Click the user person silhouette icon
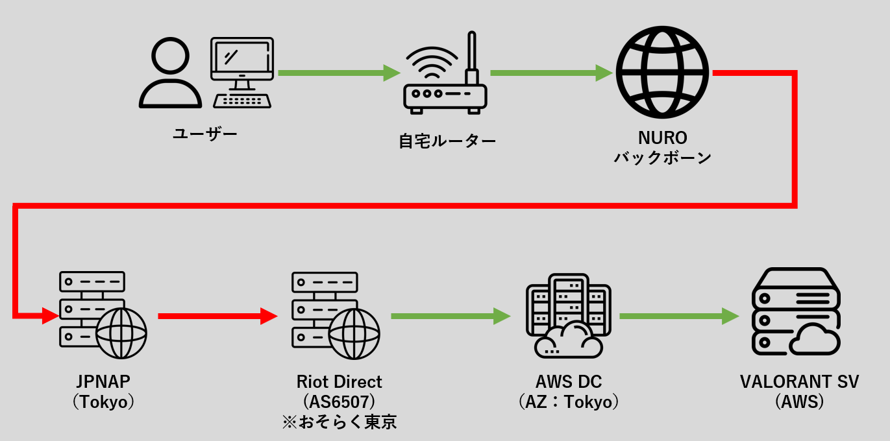170,73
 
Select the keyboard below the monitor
242,101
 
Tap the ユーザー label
204,134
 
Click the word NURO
662,138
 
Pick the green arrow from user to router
338,73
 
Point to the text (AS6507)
339,402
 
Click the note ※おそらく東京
339,422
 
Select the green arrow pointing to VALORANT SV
678,316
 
